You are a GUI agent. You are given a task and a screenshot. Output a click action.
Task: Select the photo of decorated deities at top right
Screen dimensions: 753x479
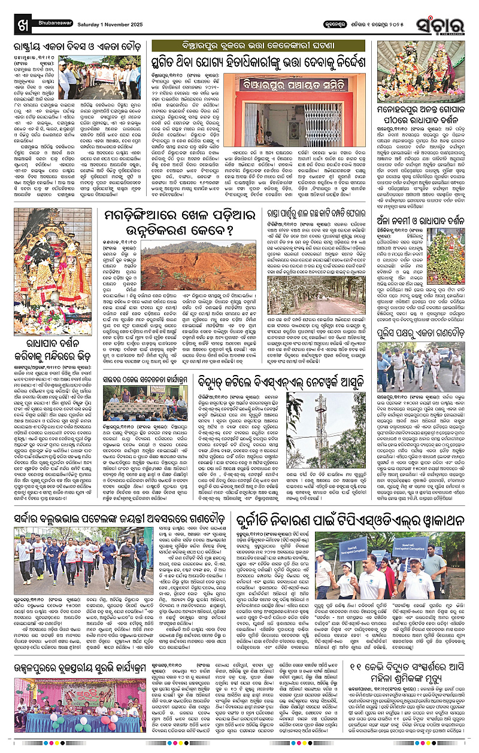pyautogui.click(x=420, y=72)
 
